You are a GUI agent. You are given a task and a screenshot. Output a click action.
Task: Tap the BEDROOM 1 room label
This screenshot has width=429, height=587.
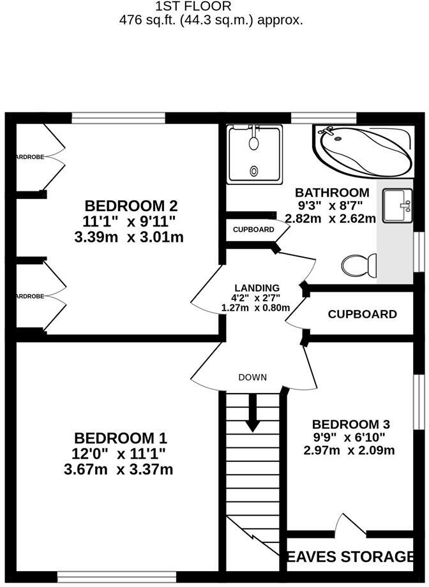(x=121, y=438)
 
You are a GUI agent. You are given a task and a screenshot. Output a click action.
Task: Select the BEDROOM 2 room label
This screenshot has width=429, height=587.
(x=131, y=206)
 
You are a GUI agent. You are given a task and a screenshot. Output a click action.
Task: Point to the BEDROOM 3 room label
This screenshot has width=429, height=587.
(x=350, y=424)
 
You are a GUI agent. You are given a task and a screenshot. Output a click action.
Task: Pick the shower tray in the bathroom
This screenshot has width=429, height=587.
(x=254, y=154)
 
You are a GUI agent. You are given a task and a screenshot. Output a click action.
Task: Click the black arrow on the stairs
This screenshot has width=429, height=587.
(x=253, y=412)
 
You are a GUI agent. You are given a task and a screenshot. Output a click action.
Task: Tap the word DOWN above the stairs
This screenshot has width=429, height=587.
(x=253, y=377)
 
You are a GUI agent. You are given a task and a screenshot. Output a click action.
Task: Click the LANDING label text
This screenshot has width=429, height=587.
(x=256, y=288)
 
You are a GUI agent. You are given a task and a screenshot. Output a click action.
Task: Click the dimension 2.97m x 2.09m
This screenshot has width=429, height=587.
(x=350, y=450)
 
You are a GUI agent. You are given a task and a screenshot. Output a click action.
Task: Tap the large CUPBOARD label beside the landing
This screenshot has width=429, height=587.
(x=362, y=314)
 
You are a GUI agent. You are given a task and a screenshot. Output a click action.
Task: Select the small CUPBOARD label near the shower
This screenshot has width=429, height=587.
(x=253, y=230)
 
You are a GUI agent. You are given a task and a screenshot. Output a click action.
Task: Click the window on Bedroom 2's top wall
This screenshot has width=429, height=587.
(x=118, y=117)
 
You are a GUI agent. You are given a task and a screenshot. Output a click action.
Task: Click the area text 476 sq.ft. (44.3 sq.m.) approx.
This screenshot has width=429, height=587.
(x=211, y=20)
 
